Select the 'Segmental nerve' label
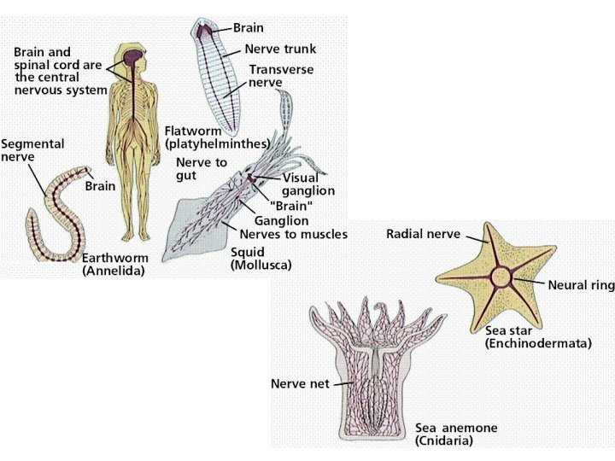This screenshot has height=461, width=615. click(x=33, y=152)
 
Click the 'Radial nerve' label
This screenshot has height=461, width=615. click(x=424, y=233)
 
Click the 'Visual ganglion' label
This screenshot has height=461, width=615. click(x=308, y=184)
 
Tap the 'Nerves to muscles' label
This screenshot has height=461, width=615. click(x=293, y=234)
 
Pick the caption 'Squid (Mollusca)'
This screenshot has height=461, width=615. click(x=261, y=259)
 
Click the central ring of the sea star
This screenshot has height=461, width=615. click(x=500, y=277)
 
